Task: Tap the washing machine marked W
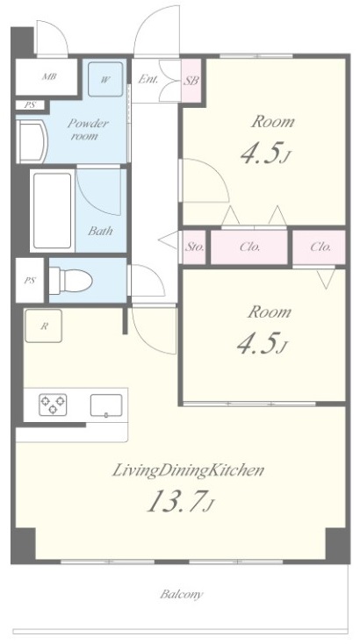click(x=105, y=79)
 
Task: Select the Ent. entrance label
click(x=148, y=79)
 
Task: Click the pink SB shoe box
click(x=191, y=81)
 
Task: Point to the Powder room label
click(x=87, y=129)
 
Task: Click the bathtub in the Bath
click(x=52, y=211)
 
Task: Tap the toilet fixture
click(x=71, y=281)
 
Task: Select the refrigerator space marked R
click(x=44, y=326)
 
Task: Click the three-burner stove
click(x=53, y=404)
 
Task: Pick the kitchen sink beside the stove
click(x=106, y=405)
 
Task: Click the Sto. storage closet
click(x=194, y=247)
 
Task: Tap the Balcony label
click(x=181, y=594)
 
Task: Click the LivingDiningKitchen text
click(x=188, y=470)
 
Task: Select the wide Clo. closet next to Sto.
click(x=249, y=247)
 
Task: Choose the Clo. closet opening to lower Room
click(x=320, y=247)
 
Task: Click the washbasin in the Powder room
click(x=32, y=141)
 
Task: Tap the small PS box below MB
click(x=30, y=104)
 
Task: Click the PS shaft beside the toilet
click(x=30, y=281)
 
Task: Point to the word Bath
click(x=100, y=231)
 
